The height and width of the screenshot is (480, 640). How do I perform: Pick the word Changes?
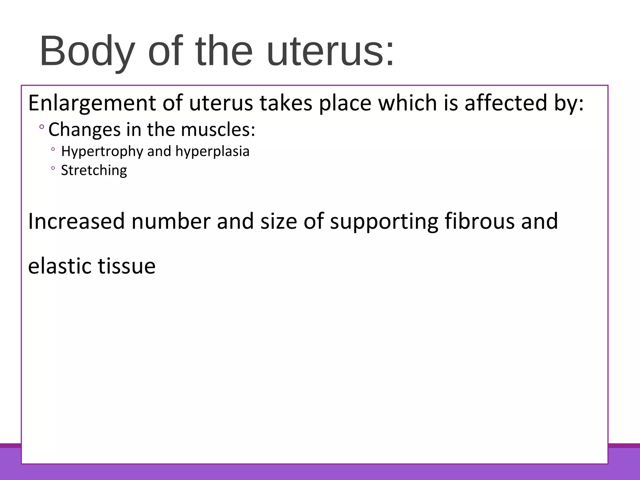click(84, 130)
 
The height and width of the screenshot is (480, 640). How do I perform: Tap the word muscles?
click(218, 130)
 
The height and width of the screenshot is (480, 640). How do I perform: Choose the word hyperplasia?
click(212, 152)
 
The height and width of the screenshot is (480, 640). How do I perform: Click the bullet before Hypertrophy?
click(53, 149)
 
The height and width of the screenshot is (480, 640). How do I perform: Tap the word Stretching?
click(94, 171)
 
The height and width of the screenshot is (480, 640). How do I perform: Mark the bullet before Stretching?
click(53, 169)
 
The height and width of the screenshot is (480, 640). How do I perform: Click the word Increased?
click(76, 221)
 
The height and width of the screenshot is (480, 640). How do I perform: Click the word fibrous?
click(479, 221)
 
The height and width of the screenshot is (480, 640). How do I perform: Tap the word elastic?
click(60, 266)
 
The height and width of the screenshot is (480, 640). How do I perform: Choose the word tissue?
click(127, 266)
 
